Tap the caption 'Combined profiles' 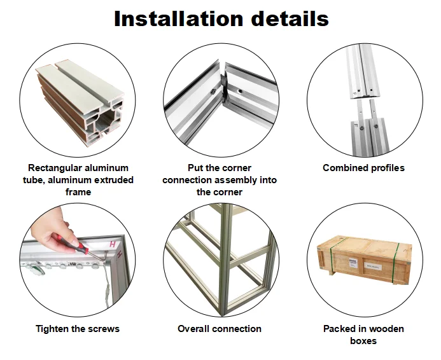point(363,168)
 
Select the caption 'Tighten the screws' point(78,329)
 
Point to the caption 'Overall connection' point(220,329)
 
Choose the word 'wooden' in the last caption point(384,329)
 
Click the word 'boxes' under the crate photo point(363,341)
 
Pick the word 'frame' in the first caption point(78,192)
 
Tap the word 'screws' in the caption point(104,329)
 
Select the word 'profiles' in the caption point(385,168)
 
